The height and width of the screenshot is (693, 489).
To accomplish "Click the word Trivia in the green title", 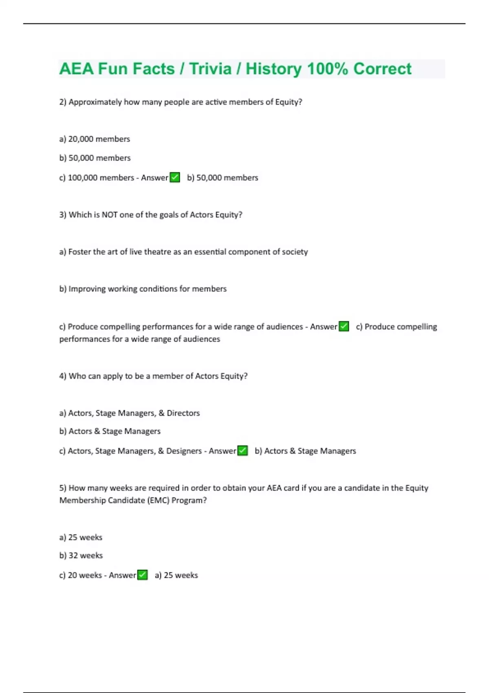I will coord(210,69).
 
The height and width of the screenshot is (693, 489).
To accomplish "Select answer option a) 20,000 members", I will coord(95,139).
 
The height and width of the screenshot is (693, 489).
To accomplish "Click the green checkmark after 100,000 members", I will coord(175,178).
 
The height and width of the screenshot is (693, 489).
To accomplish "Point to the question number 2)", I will coord(63,102).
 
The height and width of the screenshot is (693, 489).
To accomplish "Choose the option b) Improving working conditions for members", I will coord(143,289).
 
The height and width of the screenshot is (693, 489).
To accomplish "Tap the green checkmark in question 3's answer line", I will coord(344,327).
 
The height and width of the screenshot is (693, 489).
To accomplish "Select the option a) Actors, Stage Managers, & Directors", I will coord(130,413).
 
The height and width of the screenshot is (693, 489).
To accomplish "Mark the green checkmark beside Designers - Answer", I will coord(242,451).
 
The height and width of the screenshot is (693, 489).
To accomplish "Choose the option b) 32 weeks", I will coord(81,556).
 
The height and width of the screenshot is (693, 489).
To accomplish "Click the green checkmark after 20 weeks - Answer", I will coord(142,575).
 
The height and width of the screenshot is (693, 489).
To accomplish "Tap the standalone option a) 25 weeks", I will coord(81,537).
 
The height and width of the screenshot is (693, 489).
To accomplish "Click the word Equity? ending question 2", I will coord(289,102).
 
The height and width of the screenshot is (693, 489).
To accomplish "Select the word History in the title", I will coord(273,69).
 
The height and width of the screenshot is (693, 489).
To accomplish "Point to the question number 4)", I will coord(63,376).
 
